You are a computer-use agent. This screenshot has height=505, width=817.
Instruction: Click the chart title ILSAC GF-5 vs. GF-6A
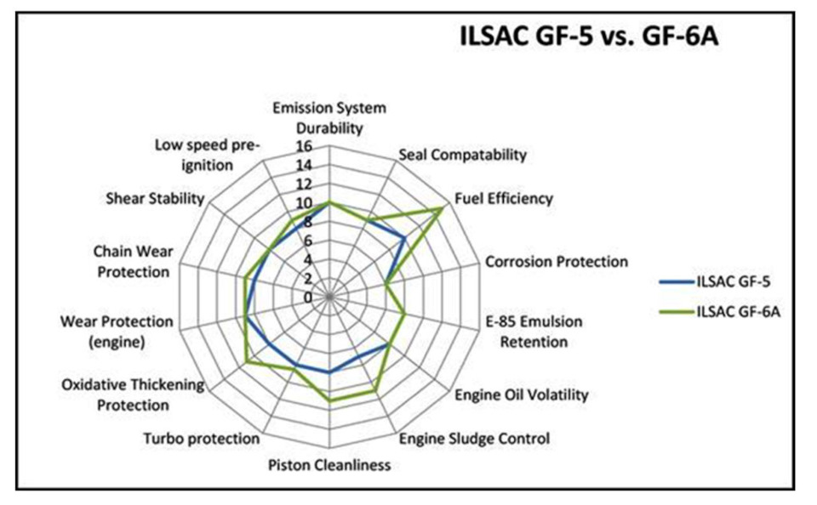click(589, 37)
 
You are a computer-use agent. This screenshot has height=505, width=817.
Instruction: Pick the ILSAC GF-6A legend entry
click(720, 312)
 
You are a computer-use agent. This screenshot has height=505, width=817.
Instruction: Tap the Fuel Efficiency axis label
click(503, 199)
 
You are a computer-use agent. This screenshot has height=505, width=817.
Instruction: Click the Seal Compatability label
click(463, 155)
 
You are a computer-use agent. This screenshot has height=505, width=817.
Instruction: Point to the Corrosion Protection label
click(557, 261)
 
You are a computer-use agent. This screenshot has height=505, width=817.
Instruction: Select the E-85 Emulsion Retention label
click(534, 332)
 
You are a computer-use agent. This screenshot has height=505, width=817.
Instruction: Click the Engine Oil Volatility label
click(522, 395)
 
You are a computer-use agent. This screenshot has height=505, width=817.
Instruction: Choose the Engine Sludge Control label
click(474, 439)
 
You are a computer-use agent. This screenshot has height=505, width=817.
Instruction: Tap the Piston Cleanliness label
click(329, 465)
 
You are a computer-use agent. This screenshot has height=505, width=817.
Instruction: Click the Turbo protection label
click(202, 439)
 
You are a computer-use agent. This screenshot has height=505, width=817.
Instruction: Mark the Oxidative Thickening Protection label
click(133, 395)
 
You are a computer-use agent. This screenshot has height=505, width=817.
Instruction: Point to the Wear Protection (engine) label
click(117, 332)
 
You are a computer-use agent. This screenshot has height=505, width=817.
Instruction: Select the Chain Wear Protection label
click(134, 261)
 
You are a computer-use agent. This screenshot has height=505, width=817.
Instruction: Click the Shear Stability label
click(155, 198)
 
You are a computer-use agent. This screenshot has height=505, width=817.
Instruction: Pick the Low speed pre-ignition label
click(208, 155)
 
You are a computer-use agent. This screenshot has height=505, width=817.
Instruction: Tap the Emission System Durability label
click(329, 118)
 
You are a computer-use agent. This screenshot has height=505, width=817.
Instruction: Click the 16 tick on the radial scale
click(305, 146)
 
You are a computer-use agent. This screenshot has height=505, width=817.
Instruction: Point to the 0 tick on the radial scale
click(308, 298)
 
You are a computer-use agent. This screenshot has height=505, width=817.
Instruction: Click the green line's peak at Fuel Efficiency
click(442, 208)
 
